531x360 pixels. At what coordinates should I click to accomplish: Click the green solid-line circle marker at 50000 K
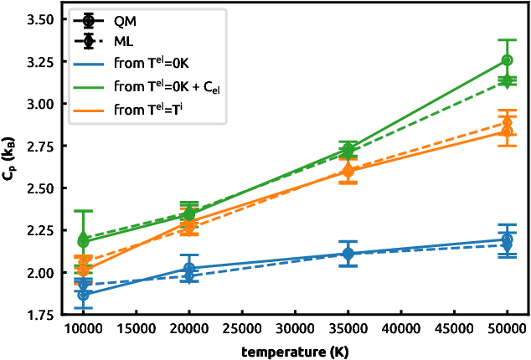coord(507,60)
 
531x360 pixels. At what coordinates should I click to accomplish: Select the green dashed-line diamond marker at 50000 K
coord(507,80)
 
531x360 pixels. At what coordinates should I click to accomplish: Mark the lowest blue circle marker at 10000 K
coord(83,295)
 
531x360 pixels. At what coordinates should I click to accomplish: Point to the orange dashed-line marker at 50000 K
coord(507,122)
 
